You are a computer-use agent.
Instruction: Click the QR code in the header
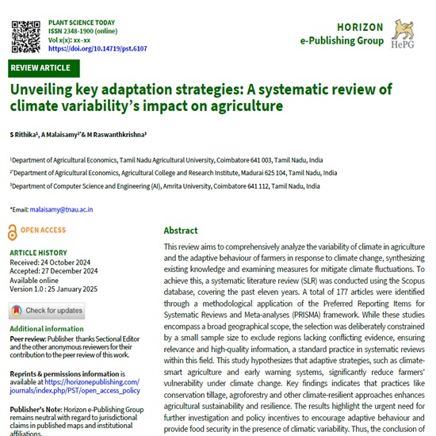pos(27,33)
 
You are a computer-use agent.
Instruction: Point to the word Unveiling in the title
pos(42,89)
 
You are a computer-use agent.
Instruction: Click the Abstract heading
pos(181,231)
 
